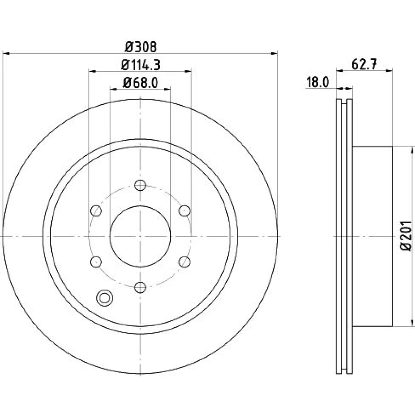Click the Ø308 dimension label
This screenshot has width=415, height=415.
tap(141, 47)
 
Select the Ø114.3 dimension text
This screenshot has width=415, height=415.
tap(141, 65)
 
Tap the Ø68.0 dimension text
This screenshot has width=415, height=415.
tap(140, 83)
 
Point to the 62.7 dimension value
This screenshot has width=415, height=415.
tap(364, 64)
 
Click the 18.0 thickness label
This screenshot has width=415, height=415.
tap(317, 82)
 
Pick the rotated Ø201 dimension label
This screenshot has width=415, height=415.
tap(406, 236)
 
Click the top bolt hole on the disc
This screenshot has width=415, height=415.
tap(140, 185)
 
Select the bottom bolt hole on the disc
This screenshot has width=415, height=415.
tap(140, 287)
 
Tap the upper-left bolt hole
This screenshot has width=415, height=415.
tap(96, 211)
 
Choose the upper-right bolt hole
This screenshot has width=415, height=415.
tap(185, 211)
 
